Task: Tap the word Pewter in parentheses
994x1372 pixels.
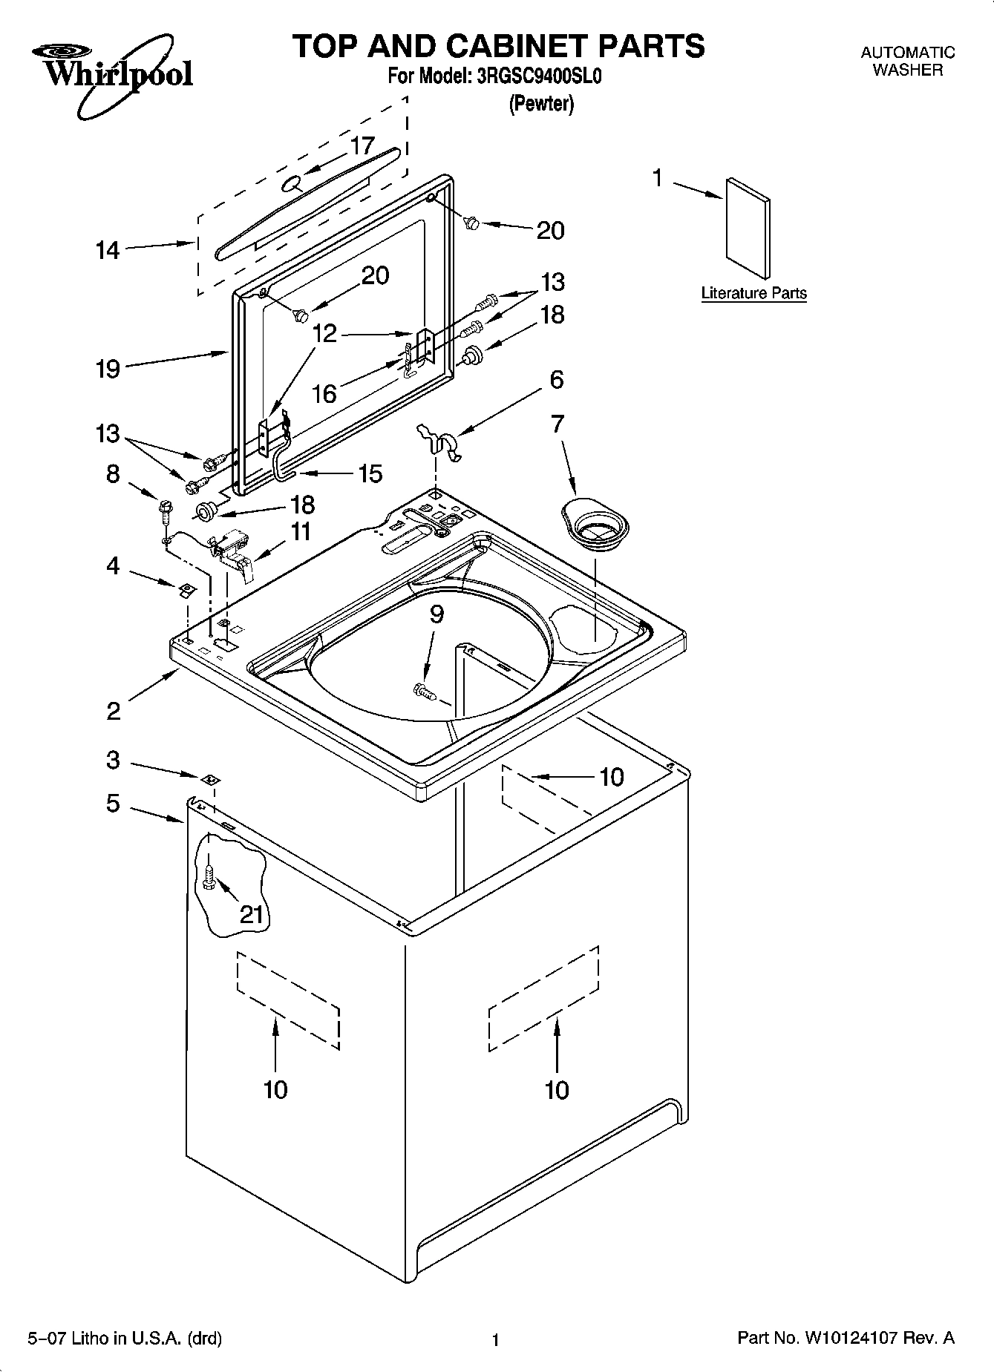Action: click(541, 104)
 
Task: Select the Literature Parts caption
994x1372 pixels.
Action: click(753, 293)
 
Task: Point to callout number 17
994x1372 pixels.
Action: click(362, 146)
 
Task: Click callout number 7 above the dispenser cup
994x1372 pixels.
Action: click(558, 424)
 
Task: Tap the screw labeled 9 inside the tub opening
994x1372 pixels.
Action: click(425, 692)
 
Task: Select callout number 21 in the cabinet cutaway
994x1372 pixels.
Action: click(252, 914)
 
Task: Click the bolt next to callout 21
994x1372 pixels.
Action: click(208, 878)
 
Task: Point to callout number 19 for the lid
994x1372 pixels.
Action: click(108, 369)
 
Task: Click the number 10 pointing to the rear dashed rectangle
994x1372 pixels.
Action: click(611, 777)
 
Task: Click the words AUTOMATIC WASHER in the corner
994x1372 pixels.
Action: click(907, 61)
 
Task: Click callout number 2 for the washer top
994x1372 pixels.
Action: click(113, 712)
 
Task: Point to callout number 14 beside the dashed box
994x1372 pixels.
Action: click(108, 250)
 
